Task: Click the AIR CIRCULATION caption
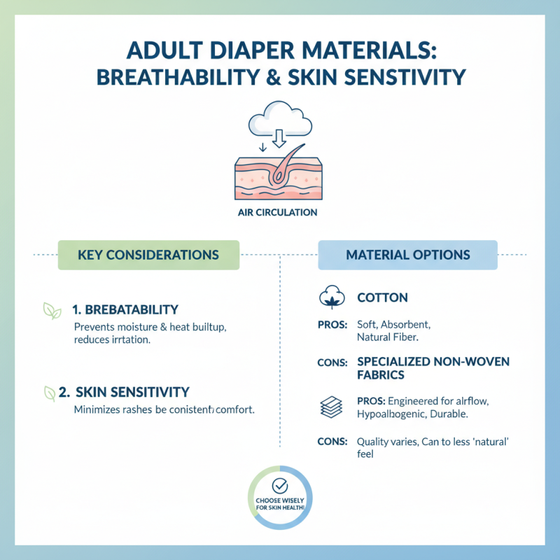(280, 213)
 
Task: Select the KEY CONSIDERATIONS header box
(148, 255)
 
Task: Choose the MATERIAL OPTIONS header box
(407, 255)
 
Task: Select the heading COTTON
(382, 297)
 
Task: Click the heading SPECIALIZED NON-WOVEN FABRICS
(433, 368)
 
